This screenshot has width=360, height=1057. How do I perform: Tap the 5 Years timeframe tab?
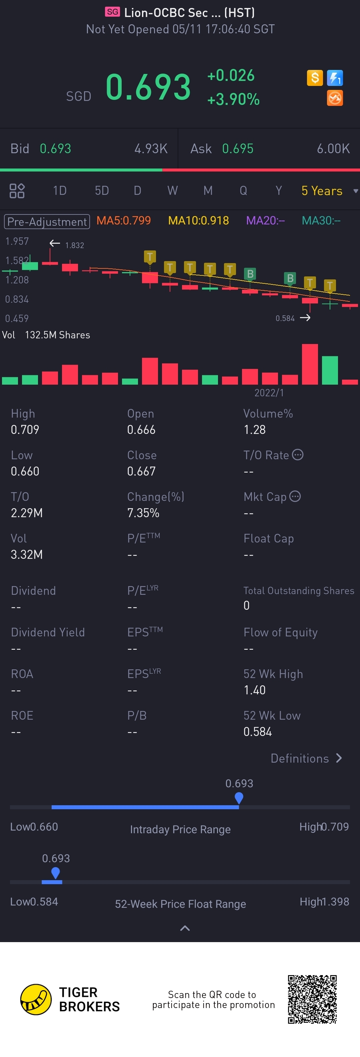coord(322,191)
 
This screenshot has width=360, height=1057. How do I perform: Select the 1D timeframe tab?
coord(60,191)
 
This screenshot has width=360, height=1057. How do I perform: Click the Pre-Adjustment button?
coord(47,221)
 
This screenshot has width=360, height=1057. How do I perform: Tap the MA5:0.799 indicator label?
coord(124,221)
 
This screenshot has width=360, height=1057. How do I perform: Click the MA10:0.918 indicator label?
coord(198,221)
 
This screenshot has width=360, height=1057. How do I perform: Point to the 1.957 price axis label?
coord(17,241)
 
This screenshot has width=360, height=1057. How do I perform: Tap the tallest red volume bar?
coord(310,364)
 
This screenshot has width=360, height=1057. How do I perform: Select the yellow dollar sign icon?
coord(315,78)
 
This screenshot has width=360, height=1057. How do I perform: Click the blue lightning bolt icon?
coord(335,78)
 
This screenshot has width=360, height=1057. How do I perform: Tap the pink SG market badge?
coord(112,12)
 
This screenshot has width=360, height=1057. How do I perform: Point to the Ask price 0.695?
coord(238,149)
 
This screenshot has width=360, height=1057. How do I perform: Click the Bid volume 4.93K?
coord(151,149)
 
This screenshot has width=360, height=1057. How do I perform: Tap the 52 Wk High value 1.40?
coord(255,690)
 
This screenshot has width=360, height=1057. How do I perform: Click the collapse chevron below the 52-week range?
coord(185,928)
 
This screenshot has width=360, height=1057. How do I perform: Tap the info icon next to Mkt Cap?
coord(295,497)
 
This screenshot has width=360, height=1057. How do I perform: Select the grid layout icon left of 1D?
coord(17,191)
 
